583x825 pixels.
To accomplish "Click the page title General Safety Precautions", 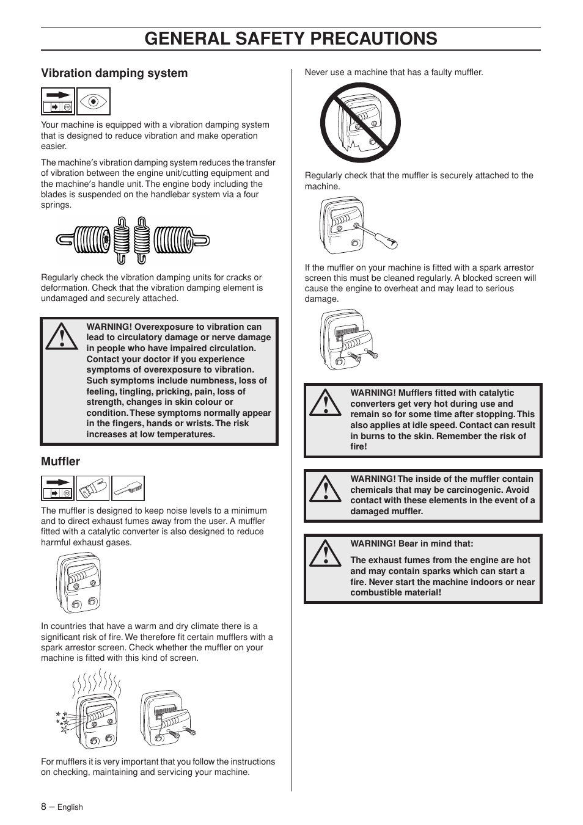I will [291, 38].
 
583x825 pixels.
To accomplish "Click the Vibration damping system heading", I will [114, 73].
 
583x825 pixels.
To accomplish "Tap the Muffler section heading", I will [61, 462].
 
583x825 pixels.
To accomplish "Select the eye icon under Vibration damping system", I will [94, 101].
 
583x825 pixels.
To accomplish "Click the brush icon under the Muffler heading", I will [128, 489].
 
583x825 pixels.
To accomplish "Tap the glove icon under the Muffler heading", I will [93, 489].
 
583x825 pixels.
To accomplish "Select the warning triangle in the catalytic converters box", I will [325, 403].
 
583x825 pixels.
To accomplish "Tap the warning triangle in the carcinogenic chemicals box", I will [325, 489].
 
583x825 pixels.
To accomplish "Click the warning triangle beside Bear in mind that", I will [325, 553].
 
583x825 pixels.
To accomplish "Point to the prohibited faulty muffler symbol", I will [361, 122].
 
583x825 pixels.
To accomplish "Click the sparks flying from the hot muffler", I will [62, 721].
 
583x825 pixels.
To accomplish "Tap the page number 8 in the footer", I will [44, 806].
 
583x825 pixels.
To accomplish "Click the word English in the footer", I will [70, 807].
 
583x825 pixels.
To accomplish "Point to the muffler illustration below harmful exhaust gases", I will [79, 583].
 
